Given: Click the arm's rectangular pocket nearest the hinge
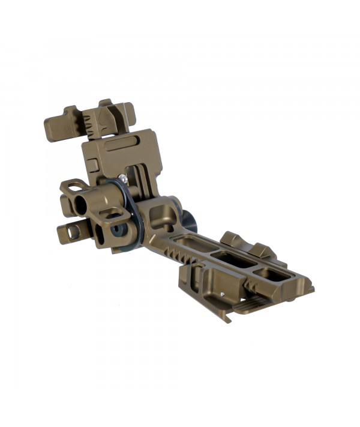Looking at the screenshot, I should (192, 244).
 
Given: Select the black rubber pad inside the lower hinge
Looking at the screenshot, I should (115, 231).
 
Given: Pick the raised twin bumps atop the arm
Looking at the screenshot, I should (246, 244).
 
